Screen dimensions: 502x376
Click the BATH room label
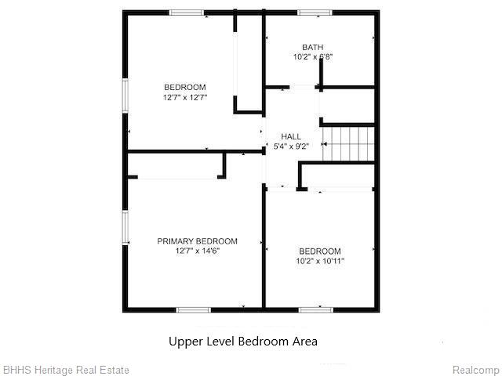coord(313,47)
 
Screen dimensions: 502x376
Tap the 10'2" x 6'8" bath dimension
coord(313,57)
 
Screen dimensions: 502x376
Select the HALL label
coord(291,136)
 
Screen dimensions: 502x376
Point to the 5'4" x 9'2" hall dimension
coord(291,146)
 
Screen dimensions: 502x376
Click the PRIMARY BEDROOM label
coord(197,241)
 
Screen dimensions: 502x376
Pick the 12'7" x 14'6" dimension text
coord(197,251)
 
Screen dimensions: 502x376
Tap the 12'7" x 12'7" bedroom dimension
coord(185,97)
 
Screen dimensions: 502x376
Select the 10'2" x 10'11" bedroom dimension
coord(320,261)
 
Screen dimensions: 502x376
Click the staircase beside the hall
coord(348,144)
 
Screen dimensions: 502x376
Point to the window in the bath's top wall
coord(315,13)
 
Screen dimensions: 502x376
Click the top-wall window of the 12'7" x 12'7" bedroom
coord(187,13)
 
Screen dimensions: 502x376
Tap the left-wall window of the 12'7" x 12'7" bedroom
coord(125,96)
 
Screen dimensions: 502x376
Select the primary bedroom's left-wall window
coord(125,227)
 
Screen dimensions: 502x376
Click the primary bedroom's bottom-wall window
coord(194,310)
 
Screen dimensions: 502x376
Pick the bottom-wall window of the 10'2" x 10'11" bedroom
coord(316,310)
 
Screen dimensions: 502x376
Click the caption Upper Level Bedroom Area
coord(243,342)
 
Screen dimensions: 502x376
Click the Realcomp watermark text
coord(476,370)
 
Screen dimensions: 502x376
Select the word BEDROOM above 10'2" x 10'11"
coord(320,251)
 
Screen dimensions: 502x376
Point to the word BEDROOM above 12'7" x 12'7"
coord(185,87)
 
